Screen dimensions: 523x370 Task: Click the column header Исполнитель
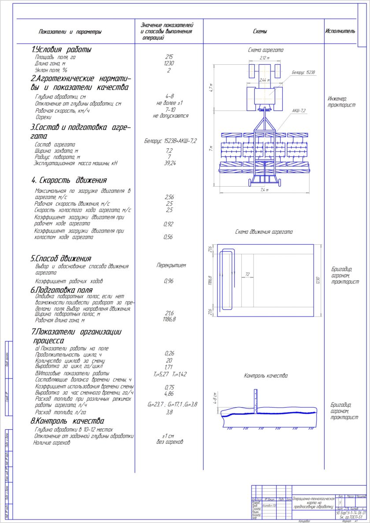tap(340, 31)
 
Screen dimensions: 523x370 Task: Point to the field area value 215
tap(169, 57)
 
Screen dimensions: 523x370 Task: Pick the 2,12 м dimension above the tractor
tap(264, 58)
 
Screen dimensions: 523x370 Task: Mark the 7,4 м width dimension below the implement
tap(264, 190)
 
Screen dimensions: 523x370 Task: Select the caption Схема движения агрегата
tap(264, 232)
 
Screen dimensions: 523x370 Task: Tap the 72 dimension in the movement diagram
tap(247, 274)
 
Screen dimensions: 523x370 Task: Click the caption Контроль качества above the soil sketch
tap(266, 376)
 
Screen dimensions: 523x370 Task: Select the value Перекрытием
tap(171, 265)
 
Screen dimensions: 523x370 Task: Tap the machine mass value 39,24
tap(170, 163)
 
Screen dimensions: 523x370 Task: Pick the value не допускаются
tap(170, 116)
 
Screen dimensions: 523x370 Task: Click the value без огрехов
tap(170, 442)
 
